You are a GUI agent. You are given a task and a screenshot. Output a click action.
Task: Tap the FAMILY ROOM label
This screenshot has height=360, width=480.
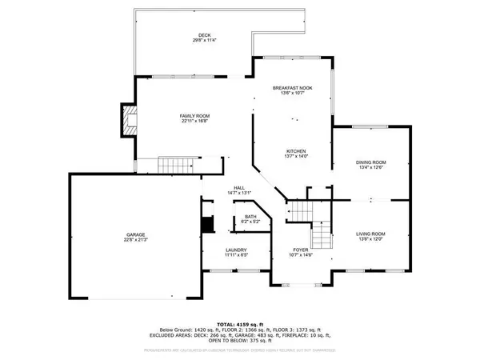(x=194, y=117)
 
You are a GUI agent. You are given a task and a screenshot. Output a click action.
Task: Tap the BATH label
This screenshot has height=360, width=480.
(x=250, y=216)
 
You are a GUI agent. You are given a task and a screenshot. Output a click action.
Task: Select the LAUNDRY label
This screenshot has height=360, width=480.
(x=235, y=250)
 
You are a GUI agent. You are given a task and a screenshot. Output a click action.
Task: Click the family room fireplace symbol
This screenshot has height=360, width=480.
(x=128, y=121)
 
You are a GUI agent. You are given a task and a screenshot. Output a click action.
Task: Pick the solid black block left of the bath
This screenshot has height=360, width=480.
(x=207, y=225)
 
